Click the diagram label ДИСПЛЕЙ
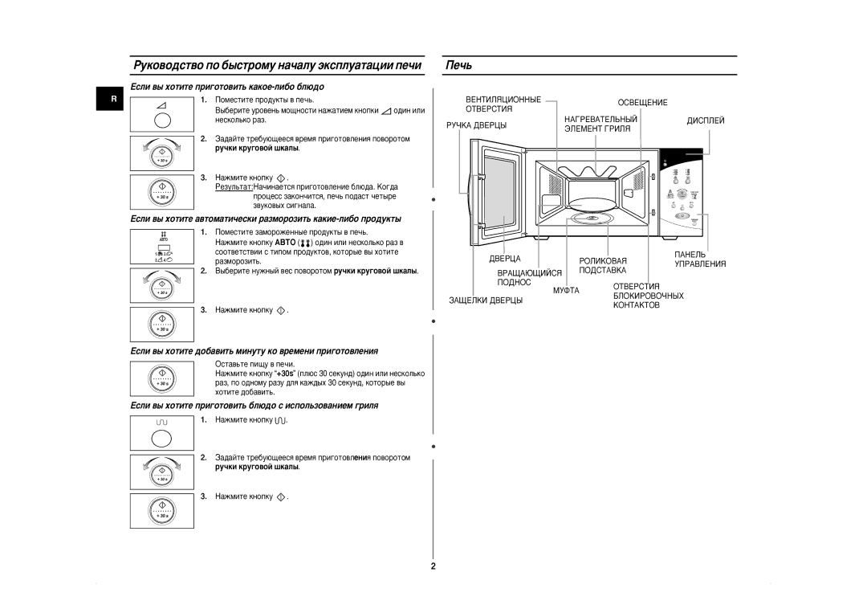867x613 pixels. coord(706,120)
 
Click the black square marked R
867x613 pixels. coord(114,100)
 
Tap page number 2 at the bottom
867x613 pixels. coord(433,566)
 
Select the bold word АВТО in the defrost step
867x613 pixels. coord(284,242)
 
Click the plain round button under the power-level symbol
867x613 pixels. coord(161,120)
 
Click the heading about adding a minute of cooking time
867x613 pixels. coord(254,351)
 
